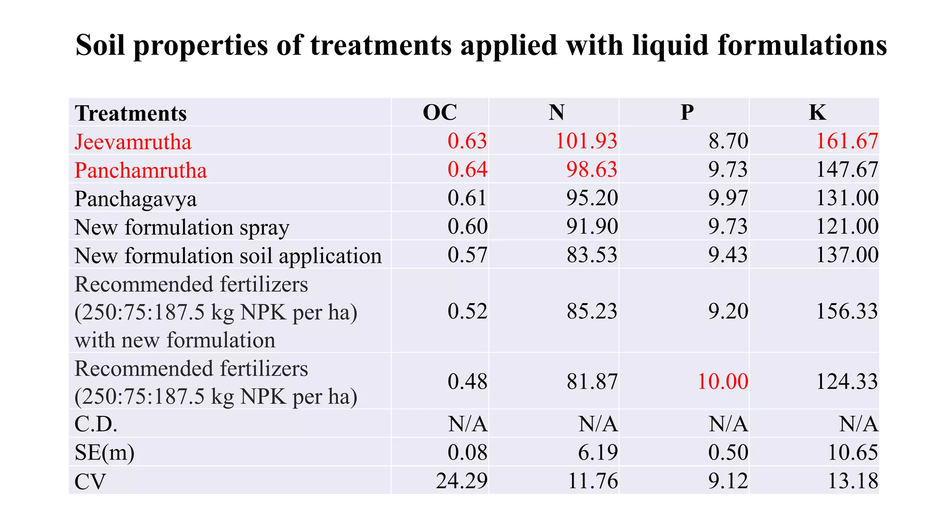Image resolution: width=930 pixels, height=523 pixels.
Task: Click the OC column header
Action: (440, 112)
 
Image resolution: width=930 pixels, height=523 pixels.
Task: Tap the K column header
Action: (817, 112)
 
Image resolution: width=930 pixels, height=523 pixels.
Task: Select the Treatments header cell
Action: (131, 113)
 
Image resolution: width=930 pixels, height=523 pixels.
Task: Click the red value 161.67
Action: (847, 141)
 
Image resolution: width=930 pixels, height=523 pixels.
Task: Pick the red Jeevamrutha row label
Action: (133, 142)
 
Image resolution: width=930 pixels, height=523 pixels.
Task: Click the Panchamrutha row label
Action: (141, 171)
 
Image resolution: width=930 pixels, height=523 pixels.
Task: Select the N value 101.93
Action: (586, 141)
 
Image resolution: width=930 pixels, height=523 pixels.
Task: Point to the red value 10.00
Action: (722, 381)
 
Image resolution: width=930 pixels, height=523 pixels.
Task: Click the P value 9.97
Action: (728, 198)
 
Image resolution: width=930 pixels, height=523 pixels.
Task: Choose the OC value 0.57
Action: (467, 255)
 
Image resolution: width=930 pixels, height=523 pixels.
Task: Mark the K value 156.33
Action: (847, 311)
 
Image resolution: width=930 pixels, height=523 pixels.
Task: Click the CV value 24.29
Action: (462, 481)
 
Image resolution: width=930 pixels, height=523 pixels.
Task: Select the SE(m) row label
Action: (104, 453)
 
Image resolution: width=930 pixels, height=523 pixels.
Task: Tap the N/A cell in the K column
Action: (858, 424)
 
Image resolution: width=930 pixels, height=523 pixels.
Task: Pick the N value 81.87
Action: (592, 381)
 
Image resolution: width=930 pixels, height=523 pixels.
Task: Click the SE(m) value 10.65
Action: (853, 453)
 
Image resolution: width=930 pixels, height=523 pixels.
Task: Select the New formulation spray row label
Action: (182, 227)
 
